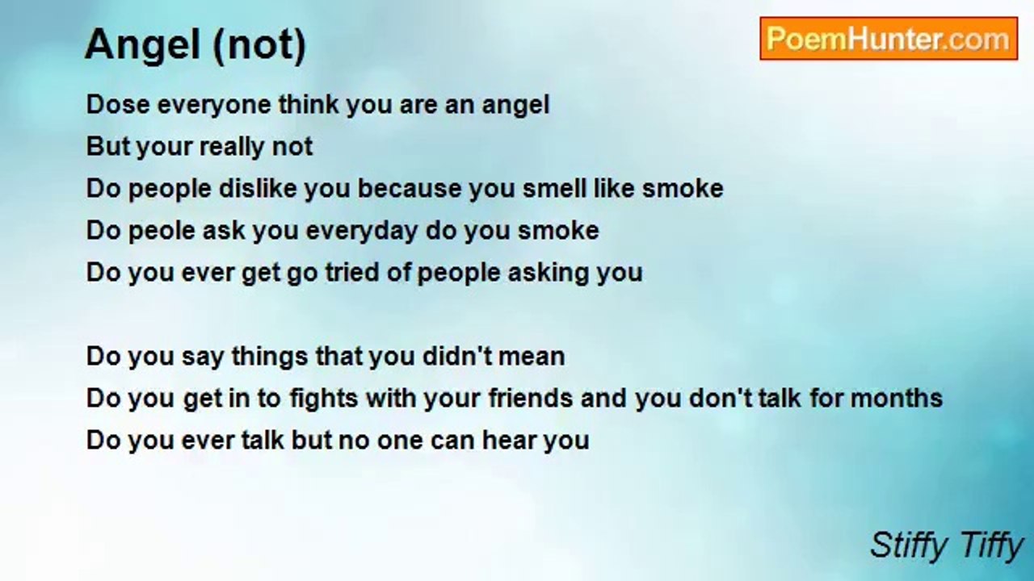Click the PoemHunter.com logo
888,39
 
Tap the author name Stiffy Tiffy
946,546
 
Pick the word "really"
234,147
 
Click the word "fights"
395,399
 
